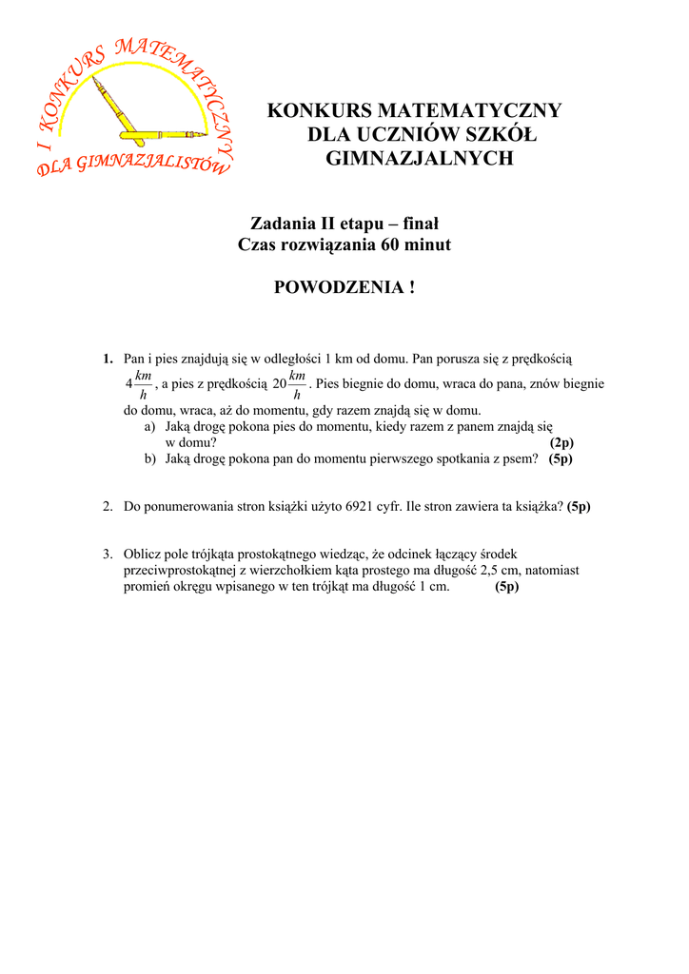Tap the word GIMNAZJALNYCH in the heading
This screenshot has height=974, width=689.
[x=419, y=159]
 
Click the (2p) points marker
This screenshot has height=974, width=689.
[x=561, y=442]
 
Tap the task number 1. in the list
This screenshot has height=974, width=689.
[x=108, y=359]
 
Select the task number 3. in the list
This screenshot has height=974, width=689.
[x=108, y=554]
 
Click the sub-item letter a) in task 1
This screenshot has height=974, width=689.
[x=150, y=428]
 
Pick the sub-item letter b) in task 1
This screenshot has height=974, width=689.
[x=150, y=458]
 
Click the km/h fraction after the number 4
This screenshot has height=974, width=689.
[x=143, y=385]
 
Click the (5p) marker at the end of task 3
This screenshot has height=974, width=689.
[x=506, y=586]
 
